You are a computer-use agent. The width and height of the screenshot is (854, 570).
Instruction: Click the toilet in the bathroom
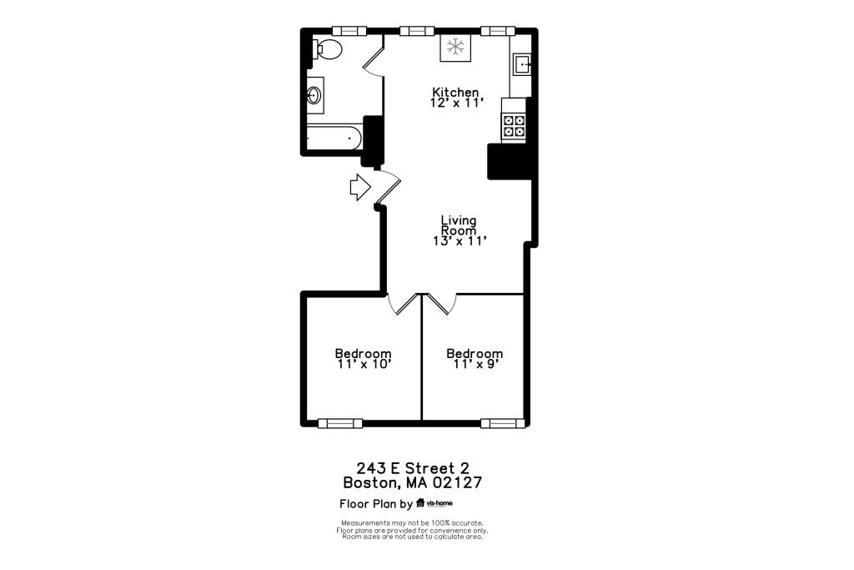click(x=327, y=49)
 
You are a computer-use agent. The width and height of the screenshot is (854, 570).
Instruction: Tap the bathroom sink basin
click(x=315, y=95)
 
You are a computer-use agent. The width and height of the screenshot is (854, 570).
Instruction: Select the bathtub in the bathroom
click(x=334, y=138)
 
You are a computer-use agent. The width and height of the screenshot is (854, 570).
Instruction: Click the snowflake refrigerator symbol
click(x=455, y=48)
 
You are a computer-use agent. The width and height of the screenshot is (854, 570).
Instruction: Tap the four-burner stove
click(x=514, y=125)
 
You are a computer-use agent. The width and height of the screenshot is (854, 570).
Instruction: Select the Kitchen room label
click(x=455, y=92)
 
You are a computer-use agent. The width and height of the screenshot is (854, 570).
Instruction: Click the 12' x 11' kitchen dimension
click(x=455, y=103)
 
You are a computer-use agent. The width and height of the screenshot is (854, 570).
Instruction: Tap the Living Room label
click(x=459, y=225)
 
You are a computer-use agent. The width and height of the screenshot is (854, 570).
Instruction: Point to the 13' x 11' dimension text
click(x=459, y=241)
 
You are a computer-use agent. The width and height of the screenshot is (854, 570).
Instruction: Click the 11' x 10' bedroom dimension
click(x=363, y=365)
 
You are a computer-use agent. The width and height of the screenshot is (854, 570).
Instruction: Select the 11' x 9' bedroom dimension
click(x=475, y=365)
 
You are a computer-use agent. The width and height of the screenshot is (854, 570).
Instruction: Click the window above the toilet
click(x=349, y=31)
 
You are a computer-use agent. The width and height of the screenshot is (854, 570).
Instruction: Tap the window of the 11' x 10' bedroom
click(x=340, y=423)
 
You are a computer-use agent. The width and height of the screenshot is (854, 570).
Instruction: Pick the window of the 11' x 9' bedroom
click(x=503, y=423)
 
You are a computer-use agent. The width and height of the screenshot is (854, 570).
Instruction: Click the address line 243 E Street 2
click(x=413, y=467)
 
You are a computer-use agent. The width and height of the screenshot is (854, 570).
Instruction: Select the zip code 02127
click(x=455, y=482)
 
